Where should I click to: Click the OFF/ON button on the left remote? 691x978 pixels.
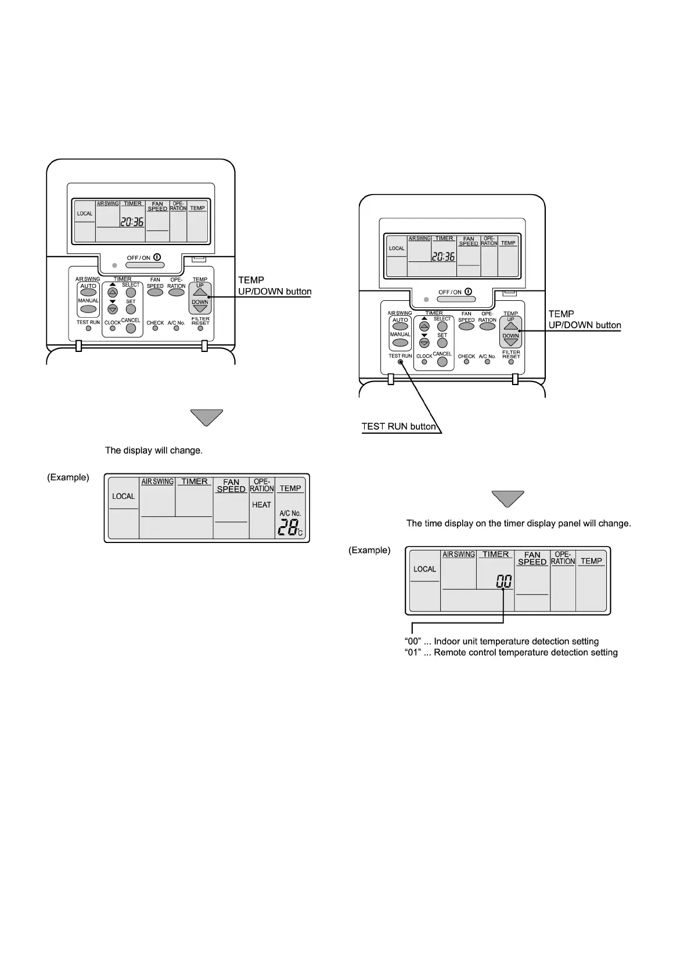[145, 265]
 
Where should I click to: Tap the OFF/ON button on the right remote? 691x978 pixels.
[456, 300]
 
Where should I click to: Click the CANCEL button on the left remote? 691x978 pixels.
[131, 328]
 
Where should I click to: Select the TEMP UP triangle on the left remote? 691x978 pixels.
[200, 292]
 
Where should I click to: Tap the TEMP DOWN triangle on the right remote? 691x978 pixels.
[511, 343]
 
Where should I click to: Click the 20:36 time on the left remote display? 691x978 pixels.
[132, 221]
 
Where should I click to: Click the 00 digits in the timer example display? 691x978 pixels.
[504, 581]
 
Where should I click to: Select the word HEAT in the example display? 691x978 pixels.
[261, 505]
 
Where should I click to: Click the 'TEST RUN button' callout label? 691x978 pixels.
[398, 426]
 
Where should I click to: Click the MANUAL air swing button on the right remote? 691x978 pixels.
[400, 343]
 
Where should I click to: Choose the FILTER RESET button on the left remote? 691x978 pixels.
[200, 329]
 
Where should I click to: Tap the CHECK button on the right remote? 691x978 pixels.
[467, 362]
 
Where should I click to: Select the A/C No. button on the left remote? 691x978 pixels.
[176, 329]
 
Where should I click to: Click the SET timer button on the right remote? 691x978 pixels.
[442, 343]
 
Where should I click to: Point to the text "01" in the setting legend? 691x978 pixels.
[412, 653]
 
